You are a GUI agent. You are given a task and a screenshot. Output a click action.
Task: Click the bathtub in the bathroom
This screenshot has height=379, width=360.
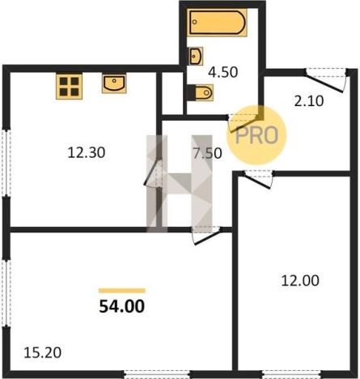217,23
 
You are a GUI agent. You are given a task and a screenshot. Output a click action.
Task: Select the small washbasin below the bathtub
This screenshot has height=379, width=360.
195,56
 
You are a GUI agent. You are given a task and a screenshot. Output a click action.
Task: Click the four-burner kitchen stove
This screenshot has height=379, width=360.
69,86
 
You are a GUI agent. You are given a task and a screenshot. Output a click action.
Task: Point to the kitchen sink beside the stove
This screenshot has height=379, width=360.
114,84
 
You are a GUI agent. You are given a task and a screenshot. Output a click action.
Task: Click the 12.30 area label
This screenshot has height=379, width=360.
87,152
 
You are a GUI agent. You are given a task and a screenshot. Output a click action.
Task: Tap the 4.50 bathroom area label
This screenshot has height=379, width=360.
223,72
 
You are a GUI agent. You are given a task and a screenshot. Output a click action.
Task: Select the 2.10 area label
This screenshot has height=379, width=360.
309,101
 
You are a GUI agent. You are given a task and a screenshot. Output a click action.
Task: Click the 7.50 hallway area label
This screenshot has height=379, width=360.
207,153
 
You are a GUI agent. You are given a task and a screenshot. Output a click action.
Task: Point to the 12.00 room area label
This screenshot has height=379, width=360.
300,280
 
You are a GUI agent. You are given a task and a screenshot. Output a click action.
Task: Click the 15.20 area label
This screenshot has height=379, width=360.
43,352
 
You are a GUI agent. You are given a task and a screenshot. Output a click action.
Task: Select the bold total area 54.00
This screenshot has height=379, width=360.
122,306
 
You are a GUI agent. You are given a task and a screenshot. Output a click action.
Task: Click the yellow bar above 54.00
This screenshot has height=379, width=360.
122,291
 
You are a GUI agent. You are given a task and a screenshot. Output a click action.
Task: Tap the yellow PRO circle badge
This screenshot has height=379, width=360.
256,135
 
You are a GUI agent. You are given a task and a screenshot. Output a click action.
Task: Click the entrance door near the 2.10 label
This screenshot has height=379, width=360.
325,80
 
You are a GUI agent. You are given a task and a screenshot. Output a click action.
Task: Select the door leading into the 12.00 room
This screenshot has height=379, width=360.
258,179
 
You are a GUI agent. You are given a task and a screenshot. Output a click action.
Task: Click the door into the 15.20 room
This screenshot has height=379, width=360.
206,236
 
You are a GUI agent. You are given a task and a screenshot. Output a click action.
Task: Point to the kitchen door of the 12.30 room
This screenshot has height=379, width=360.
153,172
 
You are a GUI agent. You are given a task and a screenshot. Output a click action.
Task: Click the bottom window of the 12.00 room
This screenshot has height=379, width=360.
291,374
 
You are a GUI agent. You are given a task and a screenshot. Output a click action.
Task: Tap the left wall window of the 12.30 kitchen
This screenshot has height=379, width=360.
6,163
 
